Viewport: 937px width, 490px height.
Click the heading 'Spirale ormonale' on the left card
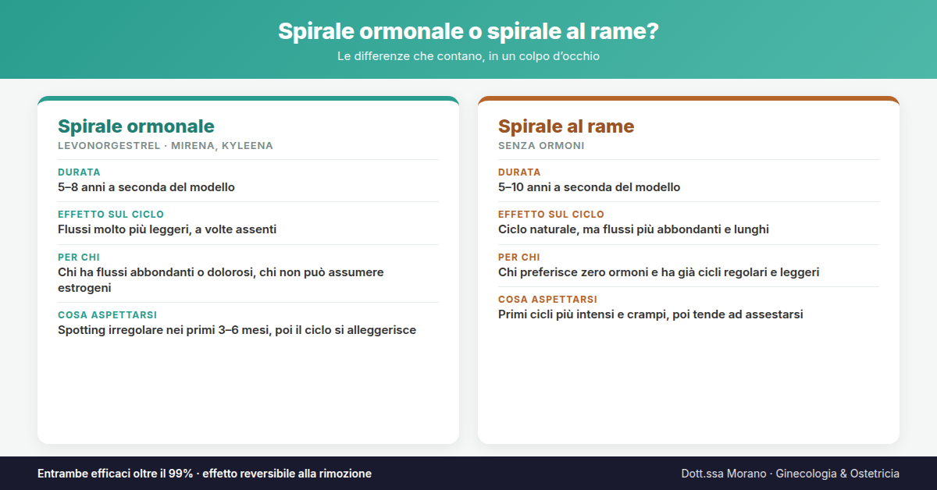click(136, 126)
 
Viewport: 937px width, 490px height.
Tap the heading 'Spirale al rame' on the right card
click(566, 126)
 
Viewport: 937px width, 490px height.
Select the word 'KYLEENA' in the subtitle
click(248, 145)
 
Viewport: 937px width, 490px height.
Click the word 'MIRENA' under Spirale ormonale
click(194, 146)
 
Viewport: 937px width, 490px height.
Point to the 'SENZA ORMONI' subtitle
click(541, 145)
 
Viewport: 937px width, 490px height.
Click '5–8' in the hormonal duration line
click(68, 187)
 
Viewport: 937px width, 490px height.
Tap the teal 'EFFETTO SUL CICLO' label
click(111, 214)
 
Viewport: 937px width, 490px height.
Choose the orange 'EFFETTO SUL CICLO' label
click(551, 214)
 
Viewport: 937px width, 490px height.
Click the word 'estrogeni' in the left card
click(84, 288)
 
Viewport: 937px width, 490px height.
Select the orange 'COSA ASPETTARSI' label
click(547, 300)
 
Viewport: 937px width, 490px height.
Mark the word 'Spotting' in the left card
click(81, 330)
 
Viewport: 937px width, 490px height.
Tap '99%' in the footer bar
click(180, 474)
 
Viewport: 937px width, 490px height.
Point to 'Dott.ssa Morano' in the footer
click(724, 474)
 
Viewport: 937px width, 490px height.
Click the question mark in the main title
click(652, 31)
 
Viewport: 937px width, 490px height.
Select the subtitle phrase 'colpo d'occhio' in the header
click(559, 56)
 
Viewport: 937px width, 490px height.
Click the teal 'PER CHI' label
click(79, 257)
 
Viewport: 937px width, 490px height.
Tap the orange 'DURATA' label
click(519, 172)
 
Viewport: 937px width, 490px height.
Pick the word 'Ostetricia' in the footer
click(875, 474)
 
